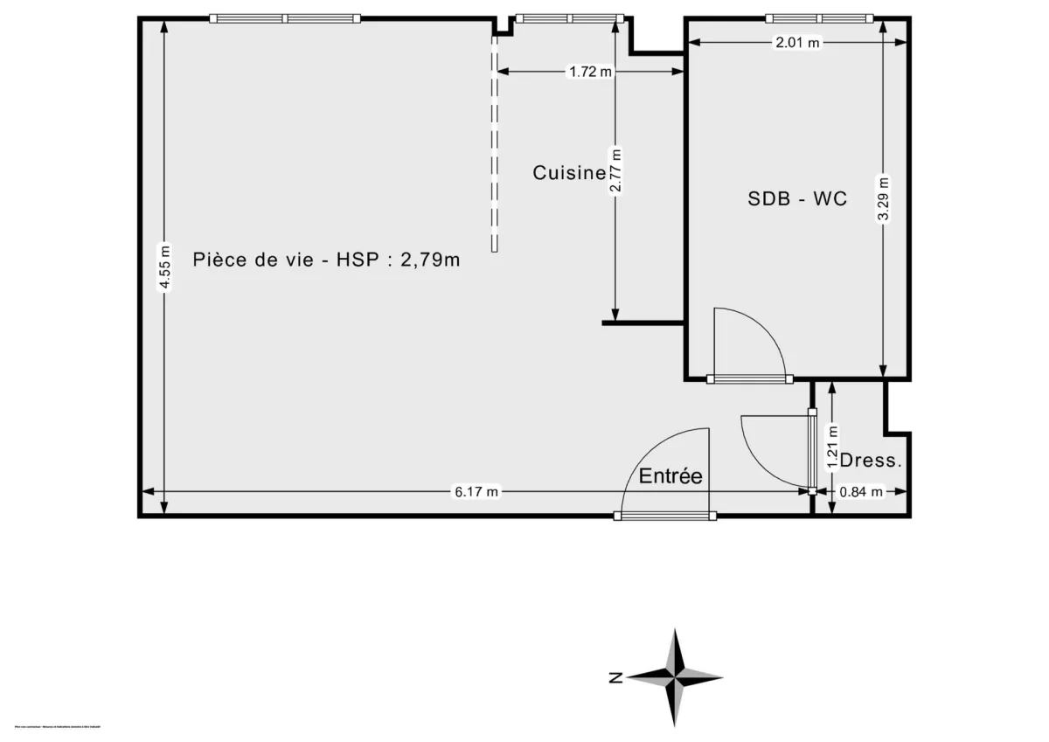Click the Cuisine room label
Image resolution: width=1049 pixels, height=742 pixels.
569,173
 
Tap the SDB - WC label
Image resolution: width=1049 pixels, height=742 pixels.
796,198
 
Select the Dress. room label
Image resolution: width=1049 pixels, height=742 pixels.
870,461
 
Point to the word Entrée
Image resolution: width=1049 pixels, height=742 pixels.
670,476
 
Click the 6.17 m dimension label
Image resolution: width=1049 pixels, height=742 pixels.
476,492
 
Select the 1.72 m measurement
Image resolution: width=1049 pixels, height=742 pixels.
590,73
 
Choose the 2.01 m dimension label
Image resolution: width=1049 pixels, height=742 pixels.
798,42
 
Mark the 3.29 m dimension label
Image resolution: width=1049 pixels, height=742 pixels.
884,202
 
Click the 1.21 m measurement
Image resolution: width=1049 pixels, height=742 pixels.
832,448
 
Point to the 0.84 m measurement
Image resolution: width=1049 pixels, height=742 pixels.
861,492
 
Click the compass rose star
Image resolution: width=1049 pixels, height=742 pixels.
676,676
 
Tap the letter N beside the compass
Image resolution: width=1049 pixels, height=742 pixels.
615,677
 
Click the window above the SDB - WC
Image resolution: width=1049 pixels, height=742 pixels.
820,18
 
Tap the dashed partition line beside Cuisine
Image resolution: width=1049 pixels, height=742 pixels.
494,140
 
